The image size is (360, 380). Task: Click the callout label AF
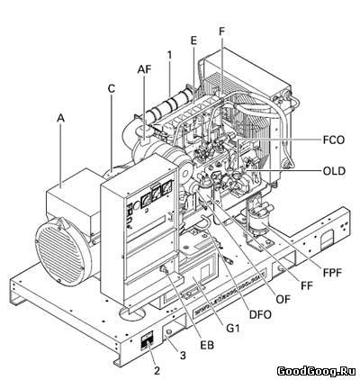pyautogui.click(x=144, y=69)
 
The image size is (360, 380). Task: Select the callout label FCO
pyautogui.click(x=334, y=140)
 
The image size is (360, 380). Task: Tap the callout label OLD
pyautogui.click(x=334, y=171)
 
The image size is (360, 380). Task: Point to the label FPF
pyautogui.click(x=332, y=273)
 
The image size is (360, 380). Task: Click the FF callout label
pyautogui.click(x=307, y=285)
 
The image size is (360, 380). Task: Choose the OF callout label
pyautogui.click(x=283, y=299)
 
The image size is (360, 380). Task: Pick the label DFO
pyautogui.click(x=260, y=314)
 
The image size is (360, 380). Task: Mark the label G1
pyautogui.click(x=233, y=329)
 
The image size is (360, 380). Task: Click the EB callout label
pyautogui.click(x=207, y=345)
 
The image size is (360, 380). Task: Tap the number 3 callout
pyautogui.click(x=183, y=356)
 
